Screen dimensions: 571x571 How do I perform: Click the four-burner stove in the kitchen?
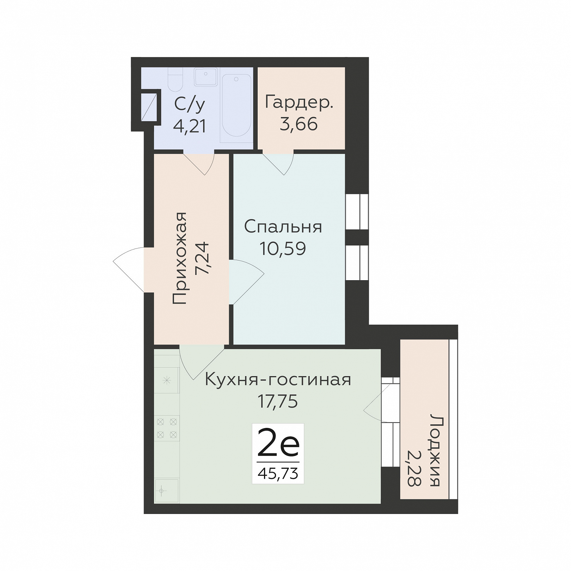tap(167, 428)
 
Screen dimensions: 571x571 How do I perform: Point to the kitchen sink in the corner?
tap(167, 490)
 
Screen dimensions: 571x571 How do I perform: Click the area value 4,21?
tap(190, 126)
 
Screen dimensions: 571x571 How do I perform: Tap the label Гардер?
tap(299, 103)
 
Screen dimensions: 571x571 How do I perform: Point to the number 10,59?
tap(283, 248)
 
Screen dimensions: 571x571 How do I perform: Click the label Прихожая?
tap(180, 258)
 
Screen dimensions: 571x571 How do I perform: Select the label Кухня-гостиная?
tap(278, 380)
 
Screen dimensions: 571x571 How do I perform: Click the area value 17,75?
tap(278, 401)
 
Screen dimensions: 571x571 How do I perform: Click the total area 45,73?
tap(278, 474)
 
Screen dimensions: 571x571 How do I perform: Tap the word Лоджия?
tap(436, 450)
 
